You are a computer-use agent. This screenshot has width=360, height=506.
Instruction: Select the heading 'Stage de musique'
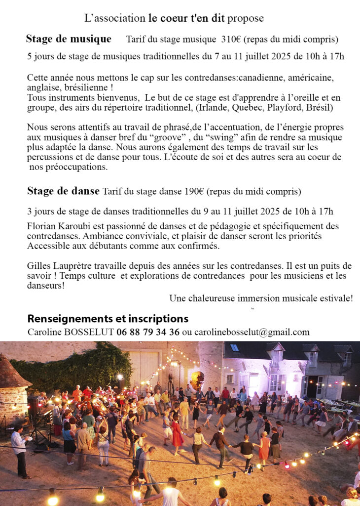(68, 39)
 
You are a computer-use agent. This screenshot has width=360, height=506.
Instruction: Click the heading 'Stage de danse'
(63, 191)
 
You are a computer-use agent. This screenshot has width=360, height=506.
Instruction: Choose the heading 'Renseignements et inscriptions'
(108, 319)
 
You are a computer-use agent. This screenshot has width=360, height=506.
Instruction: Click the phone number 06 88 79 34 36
(148, 332)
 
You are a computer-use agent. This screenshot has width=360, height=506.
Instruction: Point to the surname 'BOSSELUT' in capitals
(89, 332)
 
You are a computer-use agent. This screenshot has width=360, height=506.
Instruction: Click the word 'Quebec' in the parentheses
(228, 107)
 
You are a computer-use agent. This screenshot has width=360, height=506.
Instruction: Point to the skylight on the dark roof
(235, 348)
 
